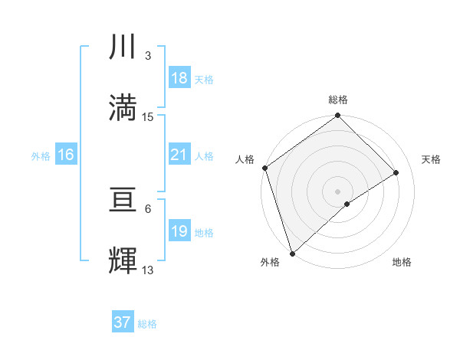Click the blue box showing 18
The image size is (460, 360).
tap(179, 78)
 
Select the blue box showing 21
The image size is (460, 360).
tap(179, 155)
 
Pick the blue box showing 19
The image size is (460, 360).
tap(179, 232)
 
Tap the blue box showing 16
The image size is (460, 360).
tap(66, 155)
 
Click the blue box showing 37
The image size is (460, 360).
tap(122, 322)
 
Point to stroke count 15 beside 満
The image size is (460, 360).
tap(148, 117)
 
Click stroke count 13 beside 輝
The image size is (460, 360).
tap(148, 270)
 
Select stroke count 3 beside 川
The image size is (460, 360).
tap(148, 56)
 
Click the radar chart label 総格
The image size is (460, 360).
tap(338, 100)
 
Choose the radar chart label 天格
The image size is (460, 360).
tap(432, 159)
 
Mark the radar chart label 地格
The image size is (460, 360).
tap(402, 263)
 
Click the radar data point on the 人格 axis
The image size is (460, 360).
tap(264, 168)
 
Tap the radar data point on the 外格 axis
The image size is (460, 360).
tap(292, 254)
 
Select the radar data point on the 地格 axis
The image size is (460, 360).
tap(347, 204)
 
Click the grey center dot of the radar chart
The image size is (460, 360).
tap(338, 191)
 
